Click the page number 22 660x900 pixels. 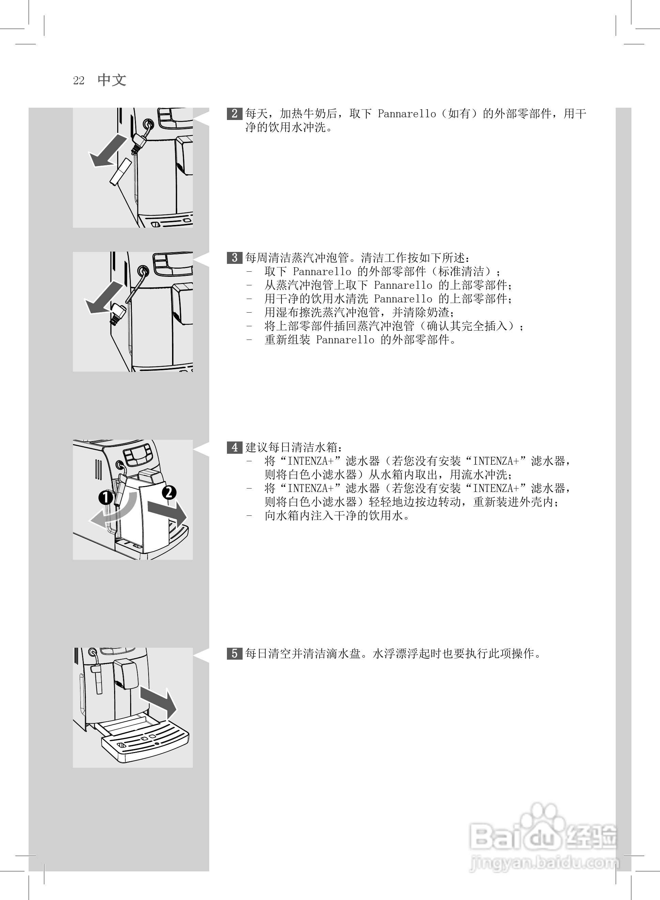click(79, 81)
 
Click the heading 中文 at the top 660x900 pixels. click(112, 80)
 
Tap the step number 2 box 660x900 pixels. click(234, 114)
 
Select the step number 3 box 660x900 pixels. click(234, 258)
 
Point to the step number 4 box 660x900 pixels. click(234, 447)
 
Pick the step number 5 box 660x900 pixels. click(234, 654)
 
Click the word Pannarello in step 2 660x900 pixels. click(407, 114)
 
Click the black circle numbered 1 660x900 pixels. click(106, 498)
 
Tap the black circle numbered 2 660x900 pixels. click(169, 492)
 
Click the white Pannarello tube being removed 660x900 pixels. click(120, 171)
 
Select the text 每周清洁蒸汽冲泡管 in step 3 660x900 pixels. click(298, 258)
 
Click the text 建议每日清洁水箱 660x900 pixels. click(292, 447)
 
